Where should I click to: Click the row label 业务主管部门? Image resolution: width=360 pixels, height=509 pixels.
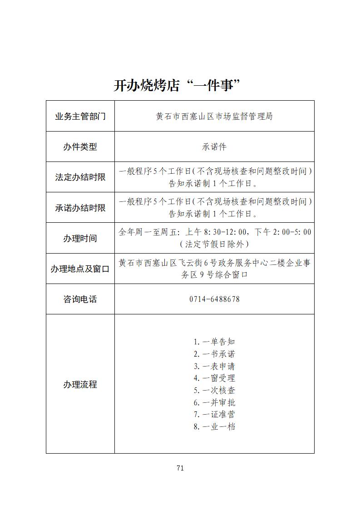[x=80, y=117]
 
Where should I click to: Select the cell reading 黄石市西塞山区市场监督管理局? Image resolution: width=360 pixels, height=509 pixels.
[x=214, y=117]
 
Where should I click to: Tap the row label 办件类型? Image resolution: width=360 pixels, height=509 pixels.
[x=80, y=147]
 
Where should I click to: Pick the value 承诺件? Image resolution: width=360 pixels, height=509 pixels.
[x=214, y=147]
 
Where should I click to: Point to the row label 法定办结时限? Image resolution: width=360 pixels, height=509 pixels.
[x=80, y=177]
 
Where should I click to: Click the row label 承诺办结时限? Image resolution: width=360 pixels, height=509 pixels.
[x=80, y=208]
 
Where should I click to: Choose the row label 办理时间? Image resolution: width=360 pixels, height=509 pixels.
[x=80, y=238]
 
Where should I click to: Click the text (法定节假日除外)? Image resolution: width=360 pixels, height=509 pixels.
[x=214, y=244]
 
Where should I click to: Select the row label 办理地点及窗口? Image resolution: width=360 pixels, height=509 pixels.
[x=80, y=269]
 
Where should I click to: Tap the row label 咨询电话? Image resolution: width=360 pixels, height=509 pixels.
[x=80, y=299]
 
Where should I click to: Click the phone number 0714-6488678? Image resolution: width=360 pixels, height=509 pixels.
[x=214, y=299]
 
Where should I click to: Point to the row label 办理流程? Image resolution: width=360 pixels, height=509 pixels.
[x=80, y=385]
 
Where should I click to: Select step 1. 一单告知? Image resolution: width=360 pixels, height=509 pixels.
[x=214, y=342]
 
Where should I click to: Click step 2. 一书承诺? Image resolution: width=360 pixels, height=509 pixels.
[x=214, y=354]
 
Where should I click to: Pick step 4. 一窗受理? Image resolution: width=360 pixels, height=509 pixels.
[x=214, y=378]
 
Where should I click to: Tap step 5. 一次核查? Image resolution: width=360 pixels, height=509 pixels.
[x=214, y=390]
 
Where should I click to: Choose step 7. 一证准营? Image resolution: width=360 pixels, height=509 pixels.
[x=214, y=414]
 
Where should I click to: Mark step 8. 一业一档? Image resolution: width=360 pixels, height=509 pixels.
[x=214, y=426]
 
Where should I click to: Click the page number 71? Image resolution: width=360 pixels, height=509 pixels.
[x=180, y=468]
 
